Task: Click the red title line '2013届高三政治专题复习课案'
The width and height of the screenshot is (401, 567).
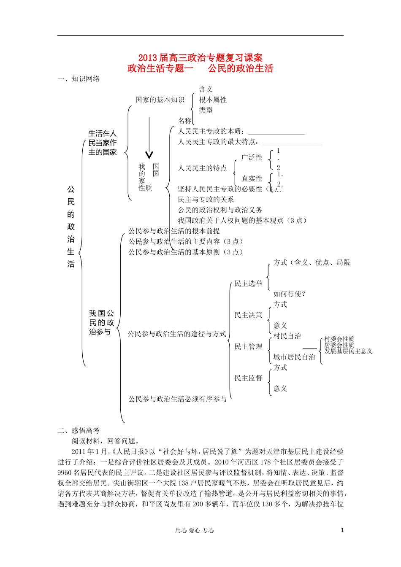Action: pos(200,58)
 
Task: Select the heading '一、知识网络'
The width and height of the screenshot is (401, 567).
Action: pos(79,79)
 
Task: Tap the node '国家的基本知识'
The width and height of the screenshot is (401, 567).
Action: pos(160,100)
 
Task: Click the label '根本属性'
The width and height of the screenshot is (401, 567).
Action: pos(213,100)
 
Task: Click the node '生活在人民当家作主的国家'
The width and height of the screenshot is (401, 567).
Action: pos(103,143)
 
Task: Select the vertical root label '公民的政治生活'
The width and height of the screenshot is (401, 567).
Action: pos(71,227)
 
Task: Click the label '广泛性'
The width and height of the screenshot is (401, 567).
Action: pos(252,157)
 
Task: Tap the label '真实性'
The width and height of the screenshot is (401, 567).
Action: pos(252,178)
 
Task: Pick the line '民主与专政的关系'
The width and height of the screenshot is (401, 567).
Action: pos(206,200)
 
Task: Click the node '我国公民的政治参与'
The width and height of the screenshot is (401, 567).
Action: pos(101,323)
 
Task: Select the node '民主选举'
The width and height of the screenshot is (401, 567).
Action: pos(248,283)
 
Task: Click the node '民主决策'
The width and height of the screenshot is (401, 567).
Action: pos(248,315)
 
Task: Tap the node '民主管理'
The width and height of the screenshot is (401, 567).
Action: pos(248,347)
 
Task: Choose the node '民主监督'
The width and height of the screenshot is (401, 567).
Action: pos(248,378)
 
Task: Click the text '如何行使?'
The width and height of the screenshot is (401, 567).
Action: pos(290,294)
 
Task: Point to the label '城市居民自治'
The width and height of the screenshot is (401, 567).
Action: pos(294,357)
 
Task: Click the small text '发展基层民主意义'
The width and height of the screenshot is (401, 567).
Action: pos(348,351)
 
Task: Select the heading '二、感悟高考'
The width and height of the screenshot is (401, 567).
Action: pos(79,431)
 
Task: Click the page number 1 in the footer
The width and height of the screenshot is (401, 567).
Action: pos(342,530)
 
